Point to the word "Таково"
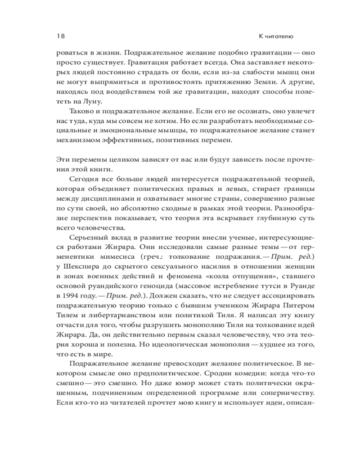coord(81,111)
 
